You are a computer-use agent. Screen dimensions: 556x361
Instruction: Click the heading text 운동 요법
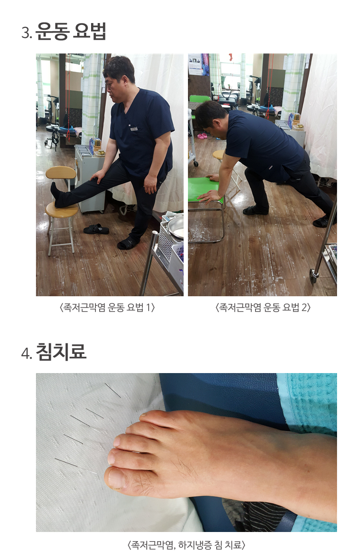point(70,32)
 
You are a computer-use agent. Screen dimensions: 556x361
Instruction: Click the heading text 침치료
point(61,352)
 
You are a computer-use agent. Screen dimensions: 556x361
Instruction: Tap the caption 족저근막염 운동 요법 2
point(263,308)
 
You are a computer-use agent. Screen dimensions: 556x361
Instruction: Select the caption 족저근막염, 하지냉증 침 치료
point(186,545)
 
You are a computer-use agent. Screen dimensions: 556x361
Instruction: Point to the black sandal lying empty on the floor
point(96,229)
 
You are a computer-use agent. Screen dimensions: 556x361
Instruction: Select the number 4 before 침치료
point(26,353)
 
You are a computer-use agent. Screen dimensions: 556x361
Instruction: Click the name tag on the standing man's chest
point(134,128)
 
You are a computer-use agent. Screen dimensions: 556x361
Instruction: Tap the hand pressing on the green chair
point(209,195)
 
